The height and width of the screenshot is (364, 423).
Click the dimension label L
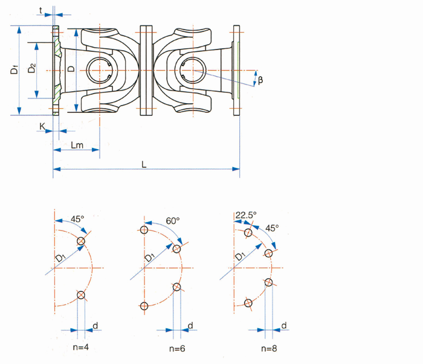(144, 164)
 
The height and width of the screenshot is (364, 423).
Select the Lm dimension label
(76, 145)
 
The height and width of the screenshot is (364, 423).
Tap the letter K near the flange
(42, 126)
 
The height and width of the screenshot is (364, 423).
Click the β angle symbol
(260, 80)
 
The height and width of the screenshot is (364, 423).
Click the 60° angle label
(173, 222)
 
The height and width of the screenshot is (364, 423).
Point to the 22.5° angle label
(247, 215)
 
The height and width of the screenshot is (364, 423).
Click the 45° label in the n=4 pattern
(77, 219)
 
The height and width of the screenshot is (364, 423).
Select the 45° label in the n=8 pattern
(273, 228)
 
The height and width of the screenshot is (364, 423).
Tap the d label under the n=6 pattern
(190, 327)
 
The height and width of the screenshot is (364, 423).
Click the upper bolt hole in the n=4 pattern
(80, 241)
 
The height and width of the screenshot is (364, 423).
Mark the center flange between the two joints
(145, 70)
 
